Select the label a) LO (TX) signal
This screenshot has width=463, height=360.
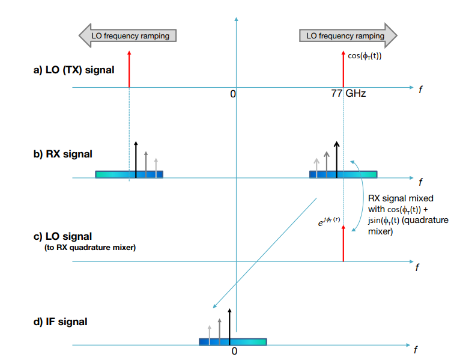74,70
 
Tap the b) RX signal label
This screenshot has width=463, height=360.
62,154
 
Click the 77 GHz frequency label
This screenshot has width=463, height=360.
348,94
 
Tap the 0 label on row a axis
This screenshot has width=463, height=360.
233,94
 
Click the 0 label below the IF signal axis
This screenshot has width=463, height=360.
235,351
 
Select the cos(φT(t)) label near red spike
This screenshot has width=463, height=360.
365,56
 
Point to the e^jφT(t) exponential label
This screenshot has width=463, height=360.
329,221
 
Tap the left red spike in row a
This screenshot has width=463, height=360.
129,69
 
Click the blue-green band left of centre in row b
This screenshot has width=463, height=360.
129,174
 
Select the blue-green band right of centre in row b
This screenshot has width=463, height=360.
343,174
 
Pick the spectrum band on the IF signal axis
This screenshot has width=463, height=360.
232,342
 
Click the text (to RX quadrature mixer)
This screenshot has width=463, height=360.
89,247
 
